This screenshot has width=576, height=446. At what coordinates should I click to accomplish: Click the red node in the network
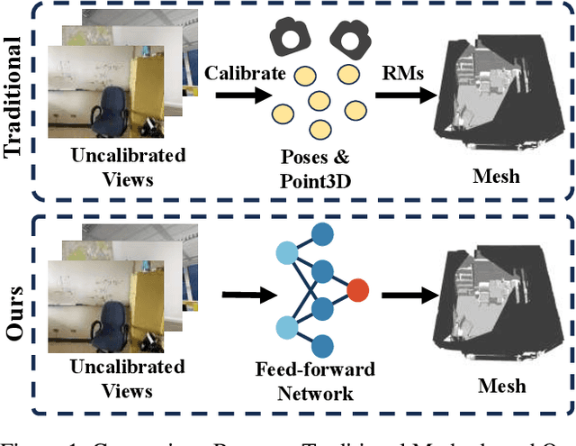(x=357, y=290)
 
